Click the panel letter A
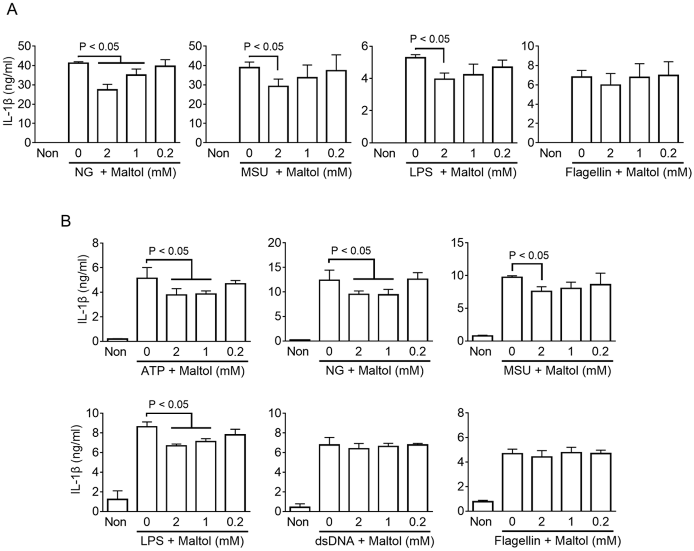click(x=12, y=10)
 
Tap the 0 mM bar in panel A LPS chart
click(x=415, y=100)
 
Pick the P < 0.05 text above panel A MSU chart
click(x=264, y=47)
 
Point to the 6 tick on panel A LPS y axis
click(x=364, y=46)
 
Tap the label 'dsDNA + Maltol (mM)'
click(x=374, y=541)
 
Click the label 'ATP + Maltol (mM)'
click(x=192, y=371)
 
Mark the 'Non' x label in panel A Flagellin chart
click(x=550, y=153)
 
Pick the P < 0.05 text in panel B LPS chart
click(x=169, y=405)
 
